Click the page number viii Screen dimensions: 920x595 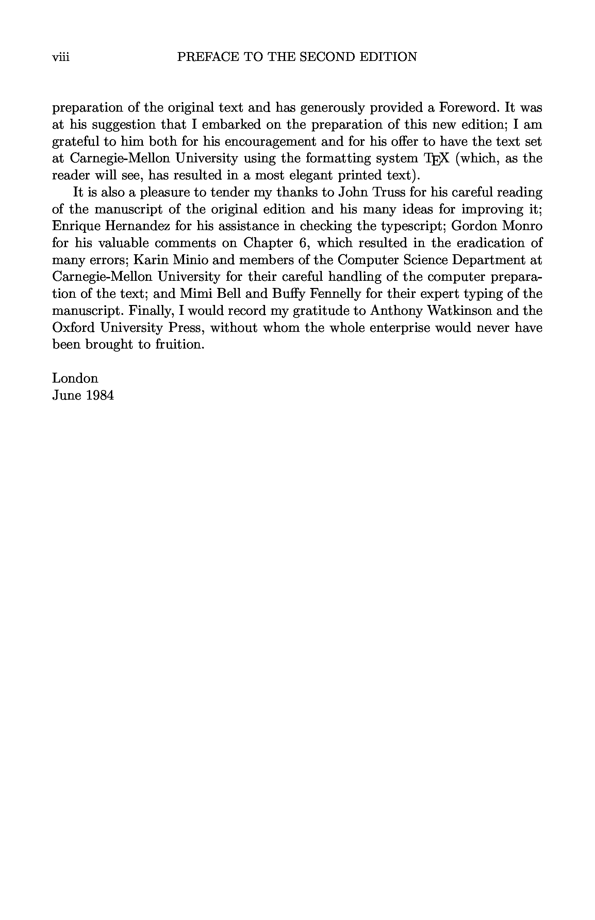61,57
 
